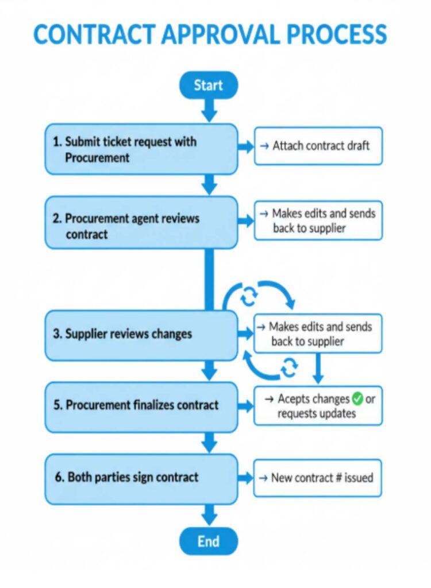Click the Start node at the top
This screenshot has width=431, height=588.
click(x=208, y=85)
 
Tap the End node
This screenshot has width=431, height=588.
click(x=208, y=541)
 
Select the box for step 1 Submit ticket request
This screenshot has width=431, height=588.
click(x=141, y=149)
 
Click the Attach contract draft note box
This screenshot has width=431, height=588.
click(x=318, y=146)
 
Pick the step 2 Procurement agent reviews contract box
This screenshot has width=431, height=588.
click(x=141, y=223)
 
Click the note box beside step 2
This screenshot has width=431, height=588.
click(x=318, y=220)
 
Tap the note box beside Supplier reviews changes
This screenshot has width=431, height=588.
click(x=318, y=334)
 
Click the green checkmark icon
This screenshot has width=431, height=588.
click(x=357, y=399)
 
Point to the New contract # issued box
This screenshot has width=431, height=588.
click(x=318, y=477)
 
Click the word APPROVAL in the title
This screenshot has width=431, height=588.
click(x=220, y=34)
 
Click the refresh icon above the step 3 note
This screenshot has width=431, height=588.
click(x=249, y=296)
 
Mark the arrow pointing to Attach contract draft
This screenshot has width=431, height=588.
click(x=246, y=147)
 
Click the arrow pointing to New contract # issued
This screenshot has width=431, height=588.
click(x=246, y=478)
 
